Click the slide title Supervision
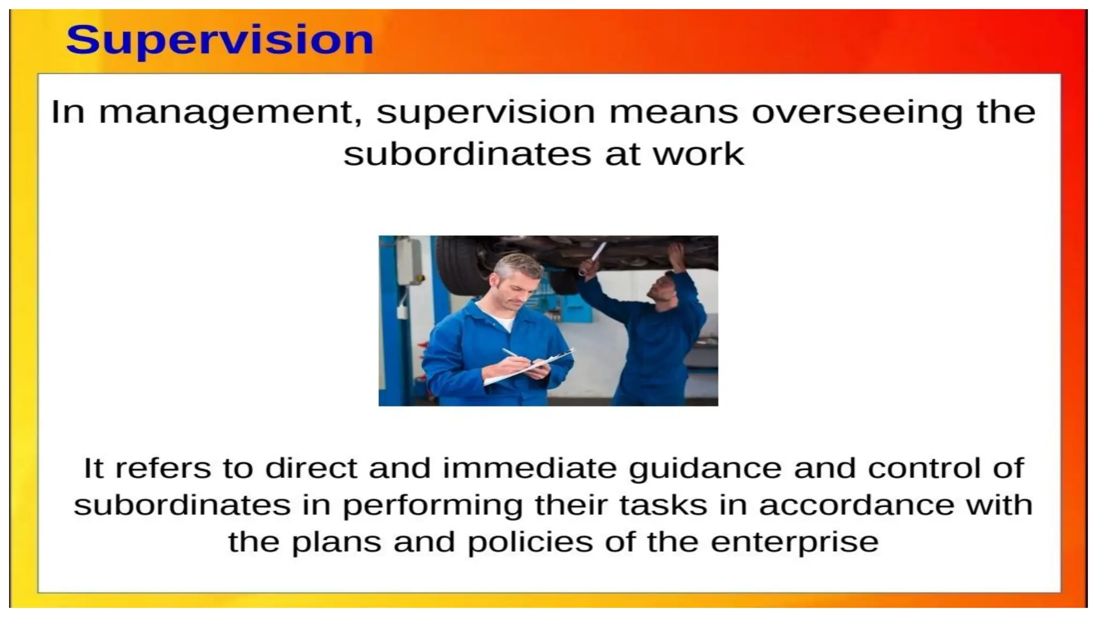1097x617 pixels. click(x=220, y=40)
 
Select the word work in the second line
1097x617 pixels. click(x=698, y=154)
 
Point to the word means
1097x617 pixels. click(x=673, y=112)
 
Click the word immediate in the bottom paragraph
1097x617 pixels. click(x=530, y=468)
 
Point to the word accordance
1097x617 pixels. click(x=856, y=505)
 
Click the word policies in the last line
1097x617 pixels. click(x=530, y=542)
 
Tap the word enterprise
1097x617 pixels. click(x=794, y=543)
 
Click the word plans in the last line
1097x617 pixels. click(x=336, y=543)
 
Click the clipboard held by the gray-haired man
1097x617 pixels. click(x=530, y=368)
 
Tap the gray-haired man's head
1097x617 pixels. click(x=517, y=281)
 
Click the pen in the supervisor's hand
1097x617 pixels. click(x=513, y=355)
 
